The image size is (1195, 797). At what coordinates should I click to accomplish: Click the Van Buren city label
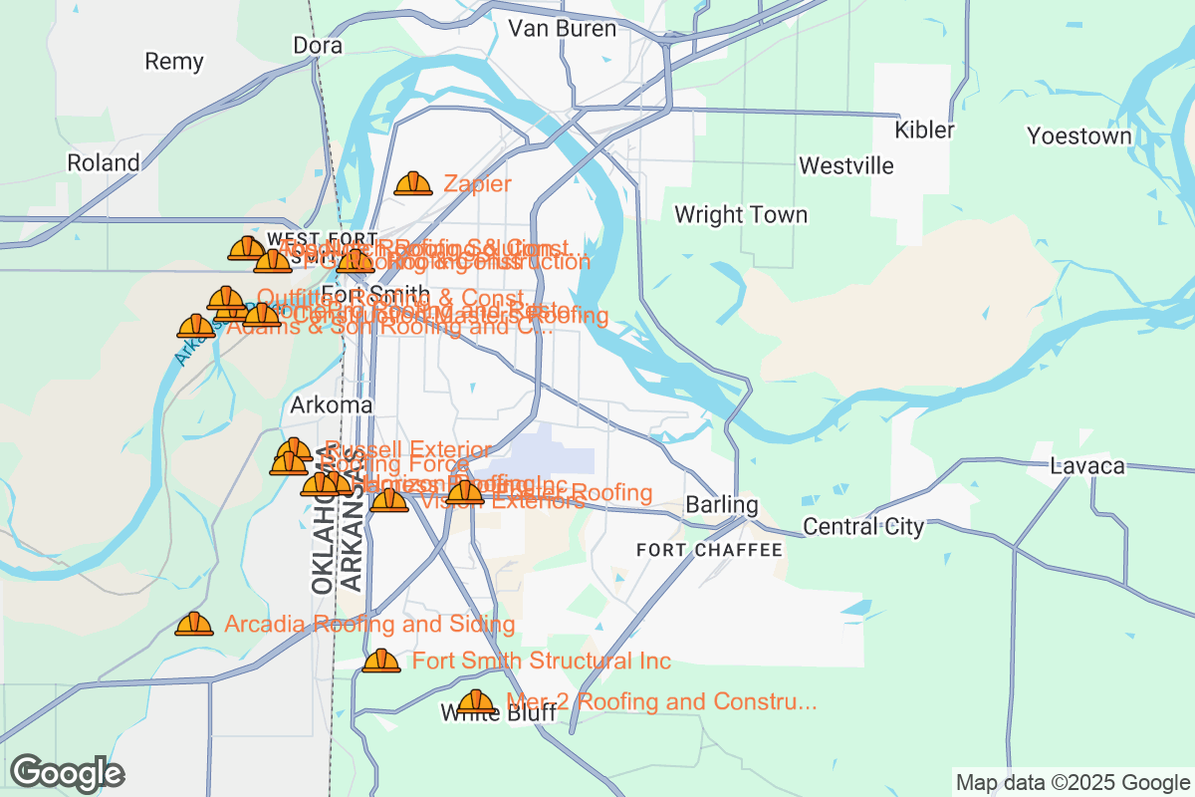pyautogui.click(x=562, y=28)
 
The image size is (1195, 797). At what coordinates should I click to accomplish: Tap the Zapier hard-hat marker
pyautogui.click(x=413, y=184)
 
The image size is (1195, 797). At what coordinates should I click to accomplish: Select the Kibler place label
pyautogui.click(x=924, y=130)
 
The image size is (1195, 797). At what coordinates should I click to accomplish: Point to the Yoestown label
pyautogui.click(x=1079, y=136)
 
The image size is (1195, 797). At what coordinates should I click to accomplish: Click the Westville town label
pyautogui.click(x=846, y=165)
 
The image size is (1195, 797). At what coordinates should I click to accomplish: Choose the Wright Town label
pyautogui.click(x=741, y=215)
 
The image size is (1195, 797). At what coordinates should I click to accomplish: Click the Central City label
pyautogui.click(x=863, y=527)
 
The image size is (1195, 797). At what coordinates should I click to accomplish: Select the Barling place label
pyautogui.click(x=722, y=506)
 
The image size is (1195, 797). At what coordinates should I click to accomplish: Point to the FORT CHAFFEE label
pyautogui.click(x=709, y=550)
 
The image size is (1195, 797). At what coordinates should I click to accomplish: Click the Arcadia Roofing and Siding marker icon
pyautogui.click(x=194, y=625)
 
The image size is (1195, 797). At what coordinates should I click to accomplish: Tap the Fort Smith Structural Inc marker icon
pyautogui.click(x=380, y=662)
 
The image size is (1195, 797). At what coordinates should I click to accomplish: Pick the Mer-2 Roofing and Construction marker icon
pyautogui.click(x=476, y=702)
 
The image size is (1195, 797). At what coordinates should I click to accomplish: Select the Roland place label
pyautogui.click(x=104, y=162)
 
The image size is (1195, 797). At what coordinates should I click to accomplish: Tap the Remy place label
pyautogui.click(x=174, y=62)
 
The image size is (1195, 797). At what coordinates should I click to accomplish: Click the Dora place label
pyautogui.click(x=318, y=46)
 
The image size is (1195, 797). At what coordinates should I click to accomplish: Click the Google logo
pyautogui.click(x=67, y=773)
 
